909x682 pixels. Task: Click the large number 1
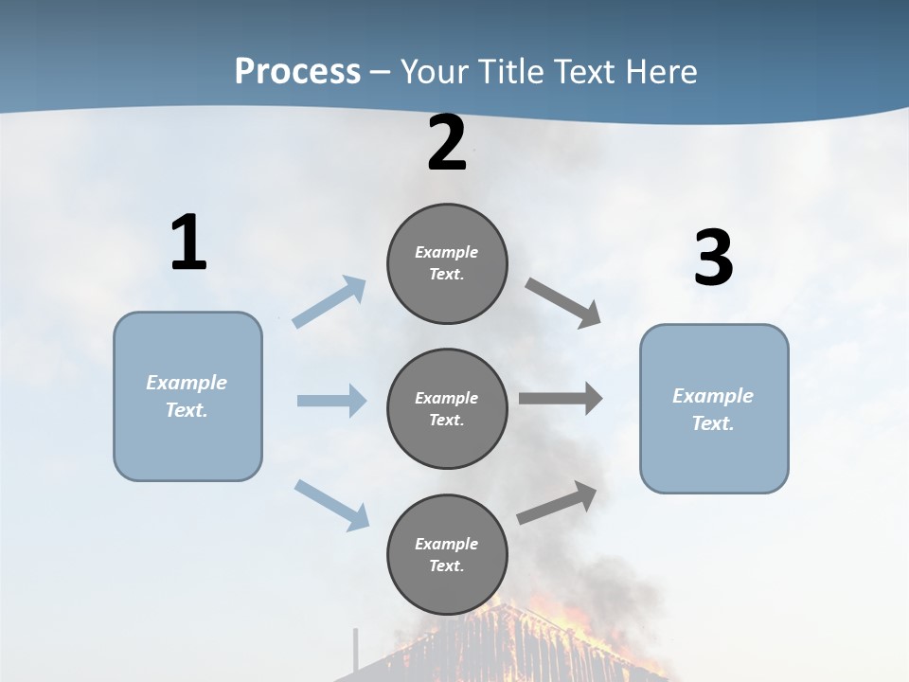pyautogui.click(x=188, y=243)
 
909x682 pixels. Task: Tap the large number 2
pyautogui.click(x=447, y=143)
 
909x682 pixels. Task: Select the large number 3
pyautogui.click(x=713, y=259)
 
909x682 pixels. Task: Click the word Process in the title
pyautogui.click(x=297, y=71)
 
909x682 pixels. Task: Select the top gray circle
pyautogui.click(x=447, y=263)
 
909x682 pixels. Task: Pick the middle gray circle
pyautogui.click(x=447, y=409)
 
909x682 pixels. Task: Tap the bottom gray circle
pyautogui.click(x=447, y=555)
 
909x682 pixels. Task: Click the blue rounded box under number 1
pyautogui.click(x=187, y=396)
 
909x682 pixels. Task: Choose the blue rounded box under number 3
pyautogui.click(x=714, y=408)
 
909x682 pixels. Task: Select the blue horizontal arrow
pyautogui.click(x=331, y=401)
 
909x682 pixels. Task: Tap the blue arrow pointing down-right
pyautogui.click(x=331, y=504)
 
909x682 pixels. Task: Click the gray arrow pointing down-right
pyautogui.click(x=563, y=303)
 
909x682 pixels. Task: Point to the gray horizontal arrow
pyautogui.click(x=561, y=399)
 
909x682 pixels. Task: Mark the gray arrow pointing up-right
pyautogui.click(x=558, y=502)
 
